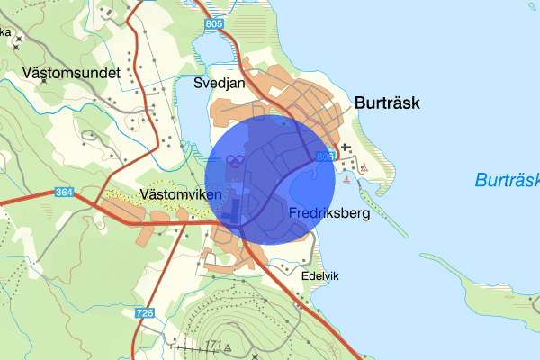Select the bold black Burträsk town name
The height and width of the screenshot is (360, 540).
[394, 103]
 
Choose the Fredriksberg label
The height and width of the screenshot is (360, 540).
[330, 214]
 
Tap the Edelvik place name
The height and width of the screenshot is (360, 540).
[320, 275]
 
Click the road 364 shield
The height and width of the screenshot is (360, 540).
[63, 192]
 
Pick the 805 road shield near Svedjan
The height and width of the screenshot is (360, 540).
[213, 24]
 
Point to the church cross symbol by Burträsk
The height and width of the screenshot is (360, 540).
[347, 147]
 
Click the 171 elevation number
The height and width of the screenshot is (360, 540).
[212, 346]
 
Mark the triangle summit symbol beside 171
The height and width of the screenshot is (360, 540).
[229, 346]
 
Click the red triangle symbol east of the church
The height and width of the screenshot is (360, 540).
[364, 167]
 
